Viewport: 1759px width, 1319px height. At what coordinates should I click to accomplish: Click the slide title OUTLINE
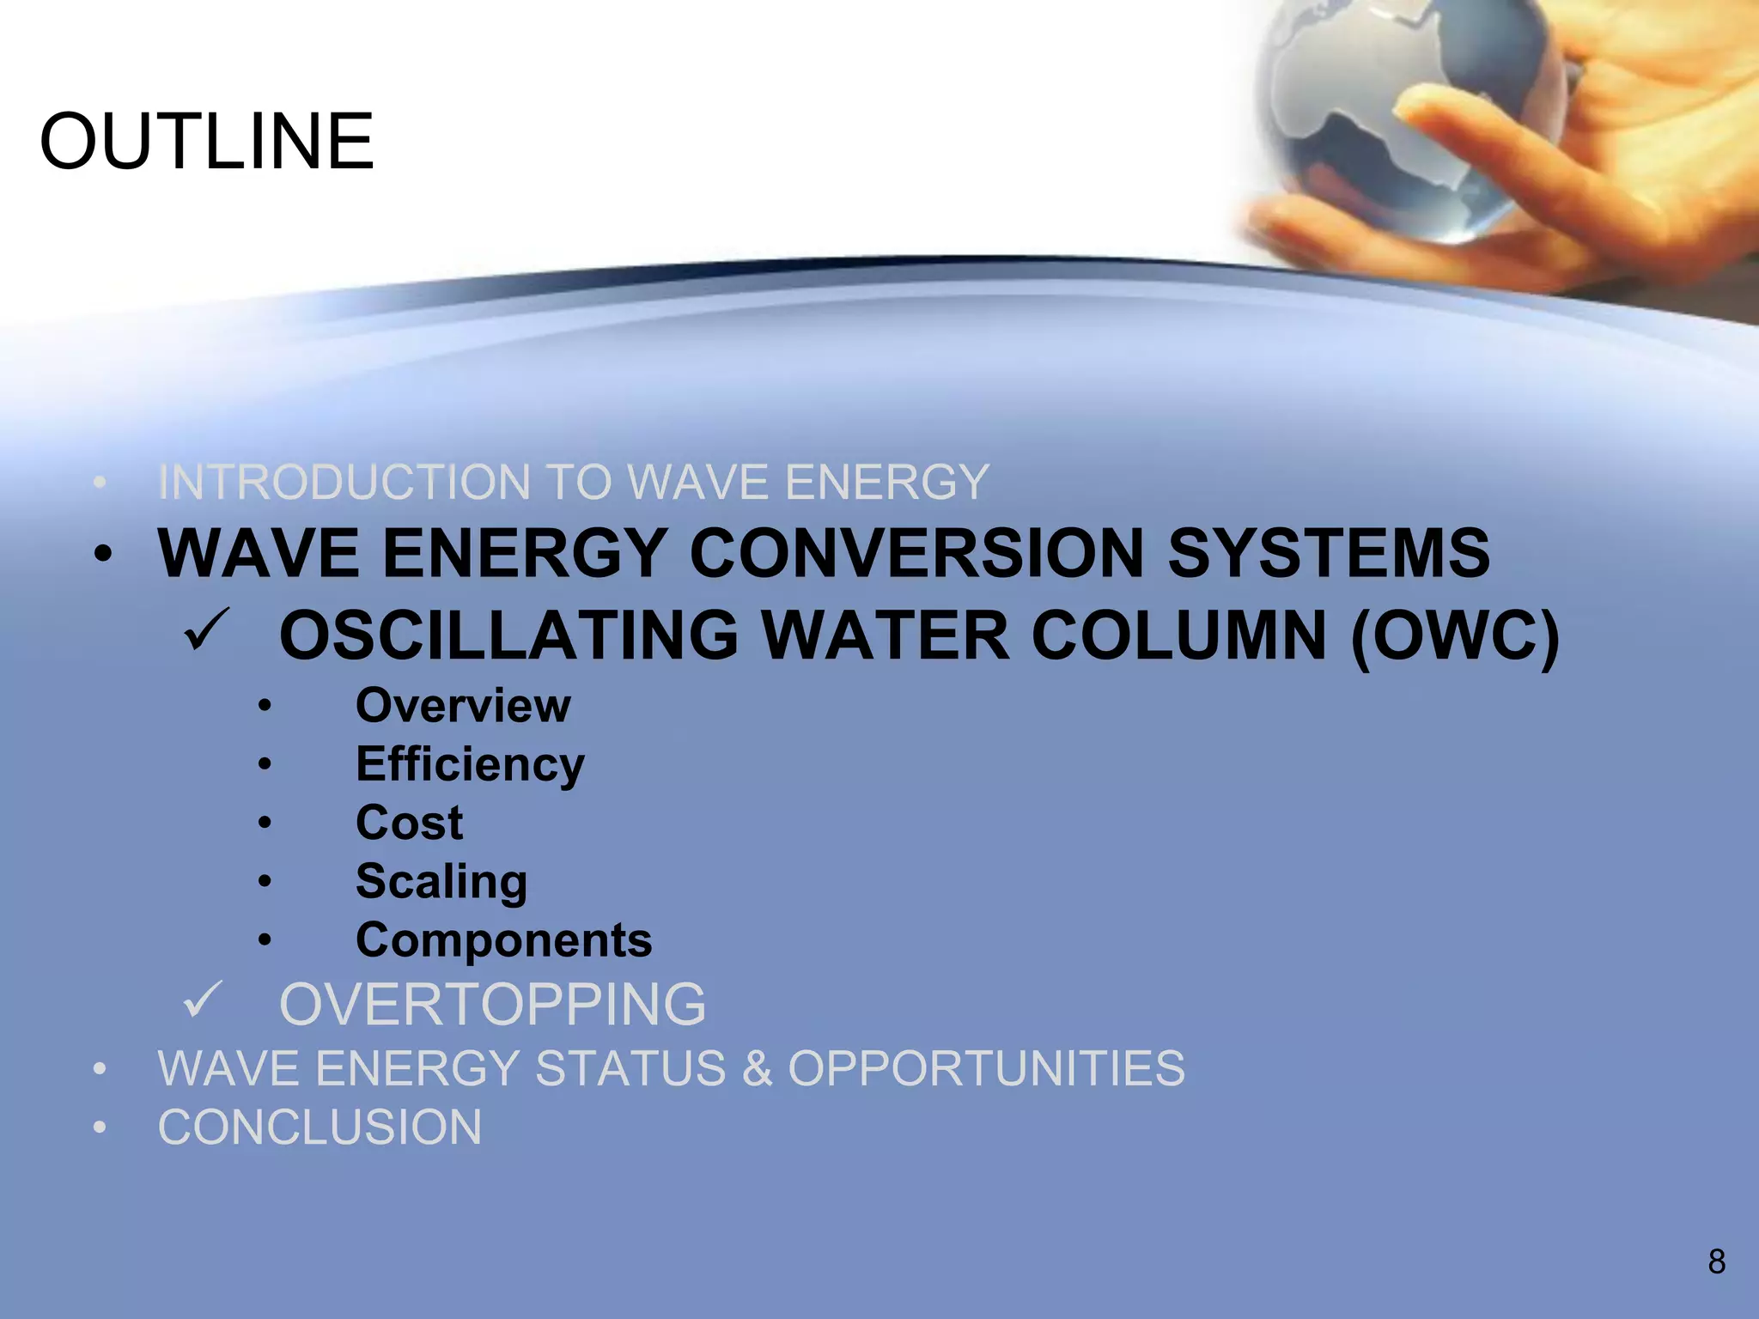pos(207,142)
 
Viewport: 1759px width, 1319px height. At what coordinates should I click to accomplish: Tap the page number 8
pos(1716,1261)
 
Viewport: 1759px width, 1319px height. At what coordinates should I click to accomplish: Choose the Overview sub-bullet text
pos(463,706)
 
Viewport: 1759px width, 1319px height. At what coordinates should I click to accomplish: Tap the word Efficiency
pos(470,765)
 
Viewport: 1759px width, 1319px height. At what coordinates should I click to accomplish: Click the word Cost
pos(409,823)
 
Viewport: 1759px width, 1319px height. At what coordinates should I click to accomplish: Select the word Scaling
pos(441,882)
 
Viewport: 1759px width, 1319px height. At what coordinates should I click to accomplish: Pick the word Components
pos(503,940)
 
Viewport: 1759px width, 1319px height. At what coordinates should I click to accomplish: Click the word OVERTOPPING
pos(492,1004)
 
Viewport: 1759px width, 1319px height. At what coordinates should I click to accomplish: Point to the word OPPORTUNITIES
pos(986,1068)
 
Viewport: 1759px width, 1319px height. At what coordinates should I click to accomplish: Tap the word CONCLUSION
pos(320,1127)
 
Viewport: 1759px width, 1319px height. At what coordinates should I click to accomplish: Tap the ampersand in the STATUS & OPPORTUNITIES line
pos(757,1068)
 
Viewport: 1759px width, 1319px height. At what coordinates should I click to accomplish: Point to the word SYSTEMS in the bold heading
pos(1328,553)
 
